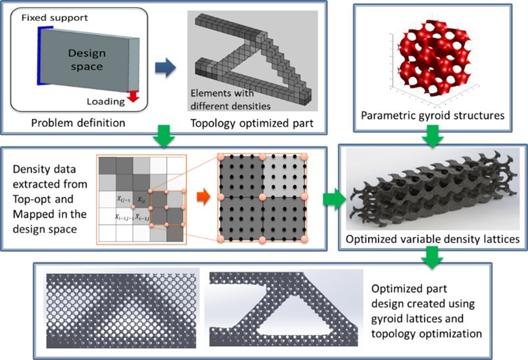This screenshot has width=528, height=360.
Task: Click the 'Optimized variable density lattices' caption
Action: [433, 240]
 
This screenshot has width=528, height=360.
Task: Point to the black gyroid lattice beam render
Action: [431, 191]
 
